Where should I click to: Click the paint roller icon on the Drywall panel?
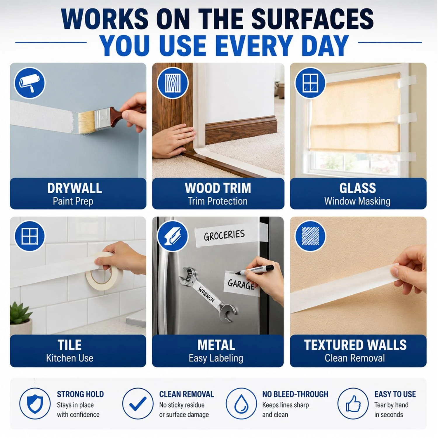(x=29, y=83)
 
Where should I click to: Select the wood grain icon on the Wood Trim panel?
(x=173, y=83)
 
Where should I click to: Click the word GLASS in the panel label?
(x=357, y=188)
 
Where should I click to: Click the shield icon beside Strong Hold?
(x=35, y=404)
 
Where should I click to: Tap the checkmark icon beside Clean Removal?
(x=138, y=404)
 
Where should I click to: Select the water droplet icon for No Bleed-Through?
(x=241, y=404)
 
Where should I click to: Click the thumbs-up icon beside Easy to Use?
(x=353, y=404)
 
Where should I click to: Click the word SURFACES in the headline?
(x=312, y=19)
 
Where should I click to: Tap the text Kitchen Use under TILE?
(x=69, y=358)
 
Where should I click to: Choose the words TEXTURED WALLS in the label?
(x=355, y=345)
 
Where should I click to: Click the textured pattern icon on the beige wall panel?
(x=310, y=236)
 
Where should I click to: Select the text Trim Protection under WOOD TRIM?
(x=218, y=201)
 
